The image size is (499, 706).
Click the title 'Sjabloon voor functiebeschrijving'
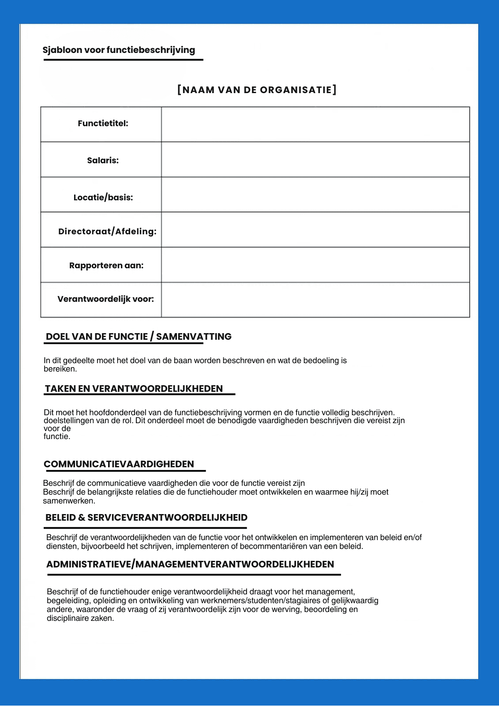point(119,50)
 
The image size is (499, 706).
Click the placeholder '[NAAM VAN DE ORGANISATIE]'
point(257,90)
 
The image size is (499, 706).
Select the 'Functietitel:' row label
point(103,124)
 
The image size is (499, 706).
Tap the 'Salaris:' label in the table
point(103,161)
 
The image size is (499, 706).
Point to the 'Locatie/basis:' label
point(103,197)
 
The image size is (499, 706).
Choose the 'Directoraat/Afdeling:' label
point(107,232)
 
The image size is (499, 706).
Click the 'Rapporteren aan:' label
point(106,266)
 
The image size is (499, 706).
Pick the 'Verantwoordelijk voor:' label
point(105,299)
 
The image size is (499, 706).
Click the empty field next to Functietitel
point(315,124)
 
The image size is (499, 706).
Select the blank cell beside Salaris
point(315,159)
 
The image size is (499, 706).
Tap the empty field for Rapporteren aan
point(315,265)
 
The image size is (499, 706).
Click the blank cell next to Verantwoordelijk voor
point(315,300)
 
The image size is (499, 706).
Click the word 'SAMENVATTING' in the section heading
point(194,337)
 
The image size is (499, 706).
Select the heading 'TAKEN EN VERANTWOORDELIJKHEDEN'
point(134,389)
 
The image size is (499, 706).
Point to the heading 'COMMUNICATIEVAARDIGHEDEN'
point(119,464)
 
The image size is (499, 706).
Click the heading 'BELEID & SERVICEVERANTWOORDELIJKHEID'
point(146,518)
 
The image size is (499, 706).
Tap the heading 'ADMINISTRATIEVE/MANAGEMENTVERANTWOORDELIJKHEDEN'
point(190,564)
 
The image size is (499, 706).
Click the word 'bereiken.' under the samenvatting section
point(60,369)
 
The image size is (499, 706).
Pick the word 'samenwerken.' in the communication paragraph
point(69,501)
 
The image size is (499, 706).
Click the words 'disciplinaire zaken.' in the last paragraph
point(80,618)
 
